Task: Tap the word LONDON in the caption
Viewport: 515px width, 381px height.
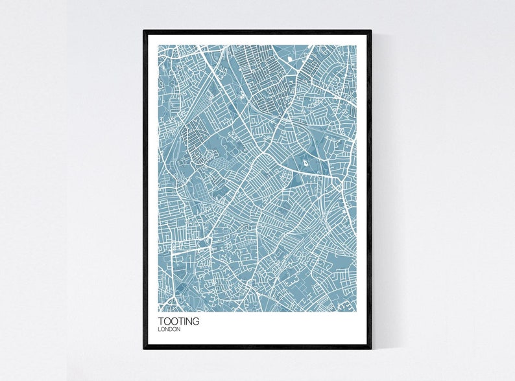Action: coord(169,330)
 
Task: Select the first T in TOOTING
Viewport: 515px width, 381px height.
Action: coord(160,321)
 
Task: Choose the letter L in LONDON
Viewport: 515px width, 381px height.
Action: coord(159,330)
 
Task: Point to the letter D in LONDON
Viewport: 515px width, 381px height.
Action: coord(170,330)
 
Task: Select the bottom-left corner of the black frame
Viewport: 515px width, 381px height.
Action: coord(144,349)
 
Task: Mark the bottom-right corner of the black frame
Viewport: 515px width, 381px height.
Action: coord(372,349)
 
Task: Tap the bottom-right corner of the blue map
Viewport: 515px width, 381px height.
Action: coord(357,312)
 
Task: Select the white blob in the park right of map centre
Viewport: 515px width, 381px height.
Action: coord(305,165)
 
